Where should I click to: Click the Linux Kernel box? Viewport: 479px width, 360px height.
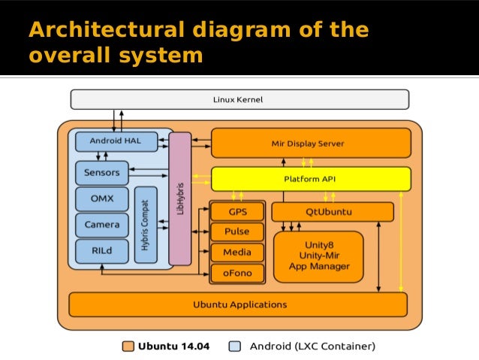[239, 99]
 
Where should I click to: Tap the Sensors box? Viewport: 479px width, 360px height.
[102, 173]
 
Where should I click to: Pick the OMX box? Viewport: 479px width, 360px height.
[102, 199]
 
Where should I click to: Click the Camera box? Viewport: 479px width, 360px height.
[102, 225]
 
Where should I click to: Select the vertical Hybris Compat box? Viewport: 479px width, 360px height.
[146, 225]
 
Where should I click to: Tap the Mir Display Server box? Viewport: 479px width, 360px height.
[311, 143]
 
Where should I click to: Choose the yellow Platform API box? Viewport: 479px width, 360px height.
[311, 179]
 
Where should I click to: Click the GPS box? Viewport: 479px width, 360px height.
[237, 211]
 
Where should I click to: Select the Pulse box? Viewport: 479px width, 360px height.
[237, 231]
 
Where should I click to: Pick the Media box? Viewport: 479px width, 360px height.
[237, 252]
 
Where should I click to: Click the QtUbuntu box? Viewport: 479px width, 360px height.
[333, 212]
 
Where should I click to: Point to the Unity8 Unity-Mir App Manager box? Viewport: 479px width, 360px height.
[318, 256]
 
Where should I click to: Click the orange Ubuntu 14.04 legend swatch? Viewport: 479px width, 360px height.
[128, 346]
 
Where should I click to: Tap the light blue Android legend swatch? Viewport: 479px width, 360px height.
[234, 346]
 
